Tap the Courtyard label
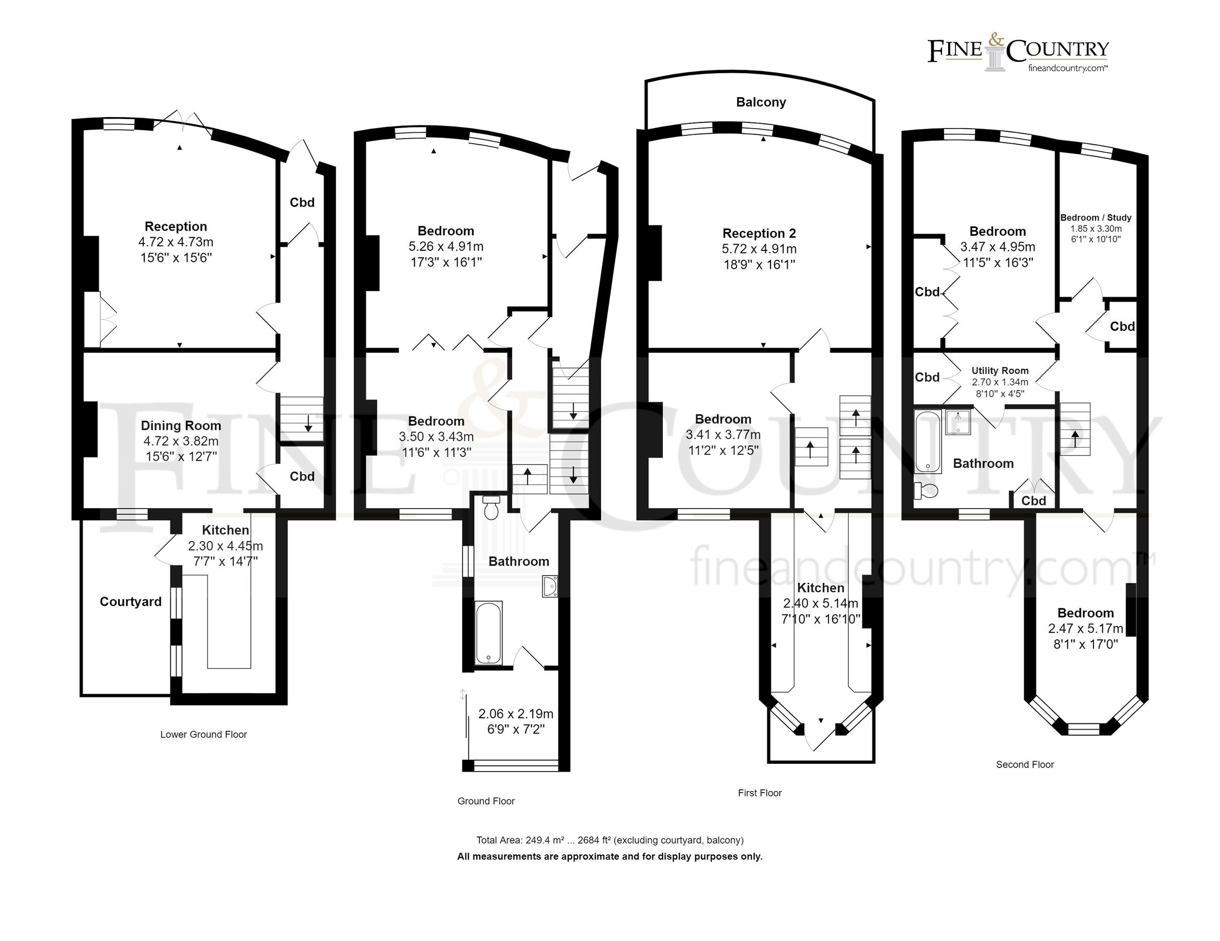(130, 602)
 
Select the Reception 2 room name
(758, 234)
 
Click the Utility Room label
(999, 371)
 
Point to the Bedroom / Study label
(1096, 218)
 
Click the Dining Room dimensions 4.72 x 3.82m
(180, 441)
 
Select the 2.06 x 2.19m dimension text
(515, 714)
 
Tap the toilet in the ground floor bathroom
(491, 508)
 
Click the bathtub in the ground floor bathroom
(488, 633)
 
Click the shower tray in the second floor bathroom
(959, 422)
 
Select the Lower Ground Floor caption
(203, 735)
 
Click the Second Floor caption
(1025, 765)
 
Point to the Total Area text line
(609, 841)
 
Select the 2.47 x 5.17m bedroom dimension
(1085, 628)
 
